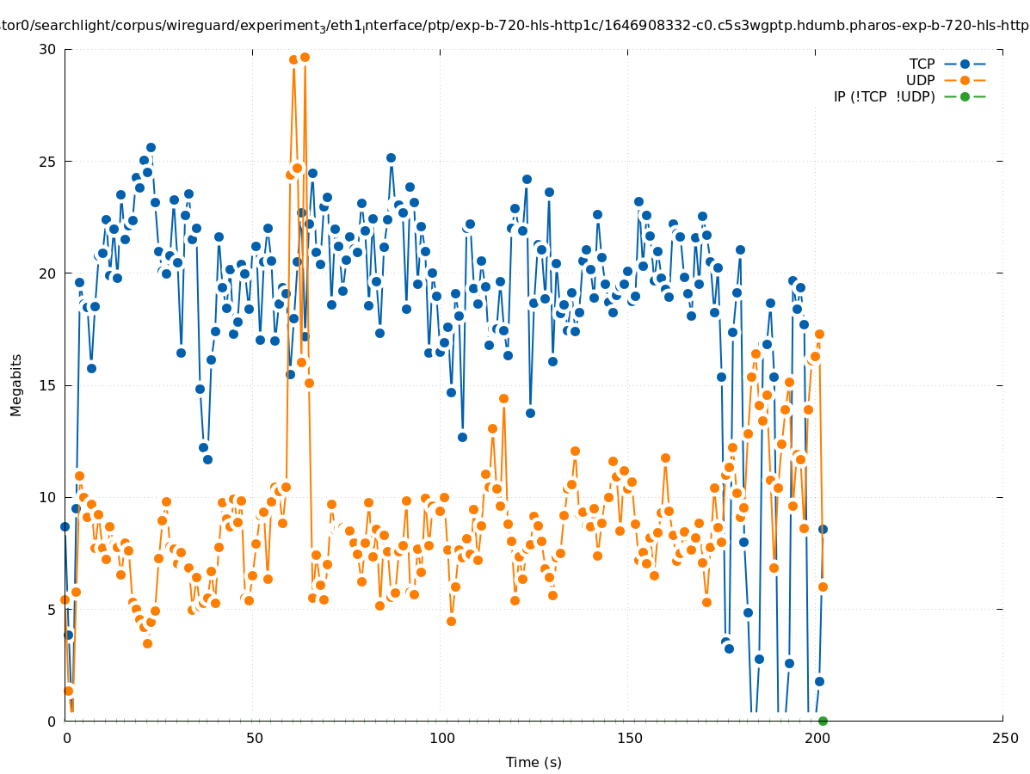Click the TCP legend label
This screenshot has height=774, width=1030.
(x=922, y=64)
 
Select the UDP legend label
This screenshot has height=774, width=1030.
(x=920, y=81)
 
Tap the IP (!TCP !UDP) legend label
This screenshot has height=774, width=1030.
(x=884, y=97)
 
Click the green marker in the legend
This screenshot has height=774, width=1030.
(x=965, y=97)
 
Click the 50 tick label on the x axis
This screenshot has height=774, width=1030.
(x=254, y=739)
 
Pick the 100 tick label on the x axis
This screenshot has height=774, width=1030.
(x=441, y=739)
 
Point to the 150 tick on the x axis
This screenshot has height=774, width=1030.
(x=629, y=739)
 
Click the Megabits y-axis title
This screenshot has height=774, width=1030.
(x=16, y=384)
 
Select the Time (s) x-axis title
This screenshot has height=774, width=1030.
(x=534, y=762)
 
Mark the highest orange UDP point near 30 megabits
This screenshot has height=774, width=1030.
(x=305, y=58)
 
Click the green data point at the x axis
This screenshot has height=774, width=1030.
(x=823, y=721)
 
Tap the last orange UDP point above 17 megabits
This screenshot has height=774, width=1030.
(x=819, y=335)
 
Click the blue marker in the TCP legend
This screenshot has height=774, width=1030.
(x=965, y=64)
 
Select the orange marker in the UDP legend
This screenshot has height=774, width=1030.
(x=965, y=81)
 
